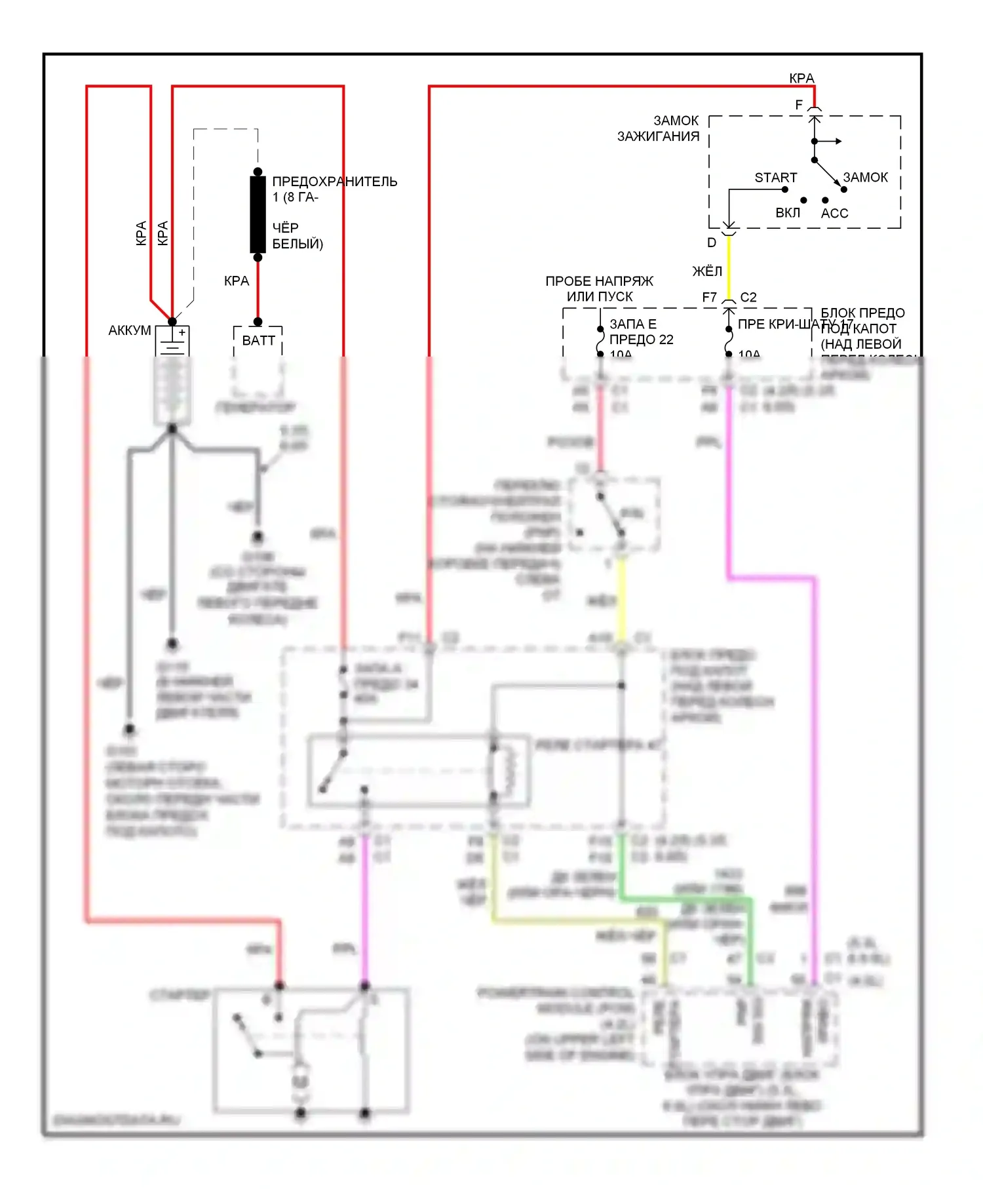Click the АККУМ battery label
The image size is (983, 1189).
129,330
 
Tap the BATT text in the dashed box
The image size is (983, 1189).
258,340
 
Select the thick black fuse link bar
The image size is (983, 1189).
258,214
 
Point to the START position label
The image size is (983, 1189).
775,178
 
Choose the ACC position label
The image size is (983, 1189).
834,213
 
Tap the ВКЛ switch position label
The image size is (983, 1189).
787,213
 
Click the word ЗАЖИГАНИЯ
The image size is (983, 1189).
658,136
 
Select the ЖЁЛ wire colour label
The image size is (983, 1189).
706,271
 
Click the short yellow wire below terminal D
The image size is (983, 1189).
729,265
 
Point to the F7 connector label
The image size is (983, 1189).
709,298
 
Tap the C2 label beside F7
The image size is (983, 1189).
748,298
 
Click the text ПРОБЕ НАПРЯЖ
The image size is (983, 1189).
599,281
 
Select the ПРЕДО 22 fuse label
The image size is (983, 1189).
641,340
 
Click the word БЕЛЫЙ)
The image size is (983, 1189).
298,244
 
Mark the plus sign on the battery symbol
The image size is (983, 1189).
182,333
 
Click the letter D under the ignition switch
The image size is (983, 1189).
712,243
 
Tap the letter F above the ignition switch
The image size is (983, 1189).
799,105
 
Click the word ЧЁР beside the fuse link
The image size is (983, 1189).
285,227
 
